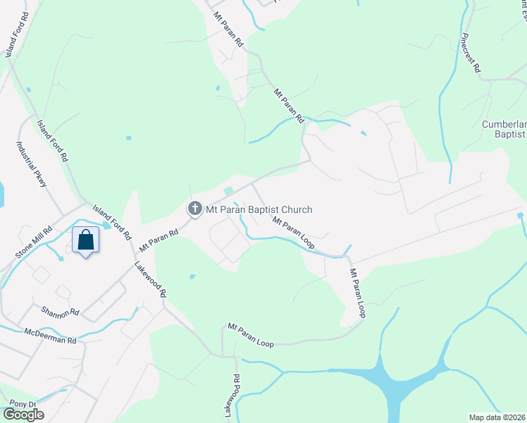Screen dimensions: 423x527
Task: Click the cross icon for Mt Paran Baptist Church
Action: pyautogui.click(x=194, y=209)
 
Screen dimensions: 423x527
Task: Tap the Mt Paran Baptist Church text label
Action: pyautogui.click(x=258, y=209)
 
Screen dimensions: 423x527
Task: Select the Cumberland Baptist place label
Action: pyautogui.click(x=504, y=129)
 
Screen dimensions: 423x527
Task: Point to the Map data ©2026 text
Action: pyautogui.click(x=497, y=417)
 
